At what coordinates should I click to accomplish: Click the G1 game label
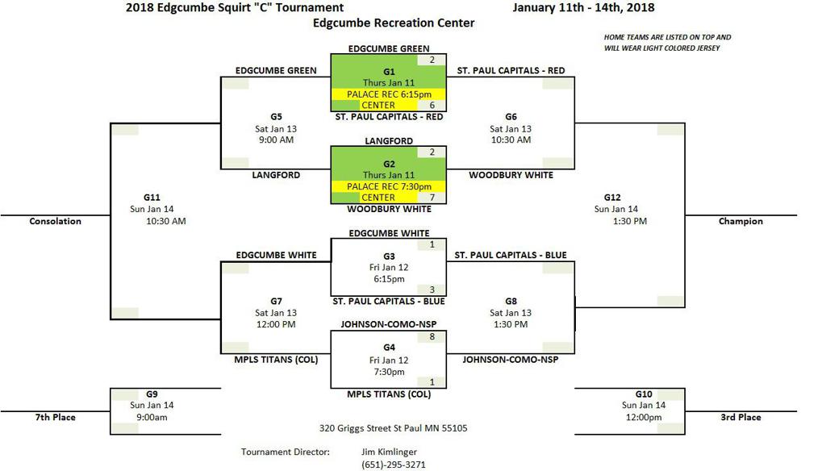389,72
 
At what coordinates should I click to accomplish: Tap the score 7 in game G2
432,198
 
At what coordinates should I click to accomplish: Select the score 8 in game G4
432,336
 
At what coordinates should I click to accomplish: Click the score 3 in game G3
432,290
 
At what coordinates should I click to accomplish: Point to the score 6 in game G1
432,106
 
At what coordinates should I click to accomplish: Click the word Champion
740,221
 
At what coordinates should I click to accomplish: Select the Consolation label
55,221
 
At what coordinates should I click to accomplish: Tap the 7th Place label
55,417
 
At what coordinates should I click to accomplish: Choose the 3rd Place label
740,417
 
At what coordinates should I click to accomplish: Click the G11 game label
152,197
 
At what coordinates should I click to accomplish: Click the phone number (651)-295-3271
394,465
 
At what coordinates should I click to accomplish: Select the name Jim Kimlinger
390,452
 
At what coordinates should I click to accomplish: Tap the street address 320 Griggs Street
393,428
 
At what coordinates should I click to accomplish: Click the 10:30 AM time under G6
511,140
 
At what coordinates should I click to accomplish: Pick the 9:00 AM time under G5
276,140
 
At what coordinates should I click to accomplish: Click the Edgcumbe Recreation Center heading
394,23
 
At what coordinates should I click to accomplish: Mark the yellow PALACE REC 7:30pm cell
388,186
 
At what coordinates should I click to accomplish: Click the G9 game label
152,394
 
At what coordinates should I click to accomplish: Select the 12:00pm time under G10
643,417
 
